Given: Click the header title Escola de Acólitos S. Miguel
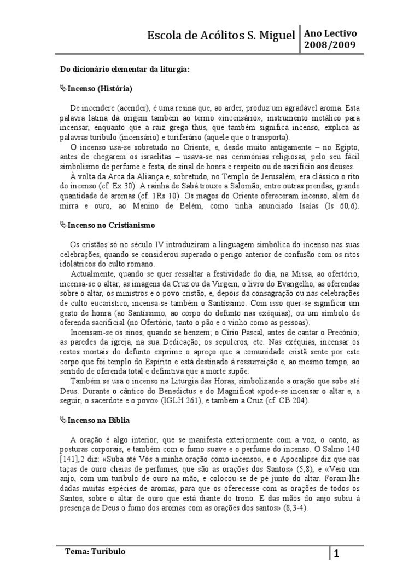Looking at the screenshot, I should tap(221, 36).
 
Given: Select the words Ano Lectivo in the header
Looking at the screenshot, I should tap(330, 33).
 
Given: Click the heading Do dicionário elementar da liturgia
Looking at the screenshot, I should tap(125, 70).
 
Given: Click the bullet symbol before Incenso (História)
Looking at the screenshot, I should tap(62, 88).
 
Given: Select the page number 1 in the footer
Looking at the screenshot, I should tap(337, 553).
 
